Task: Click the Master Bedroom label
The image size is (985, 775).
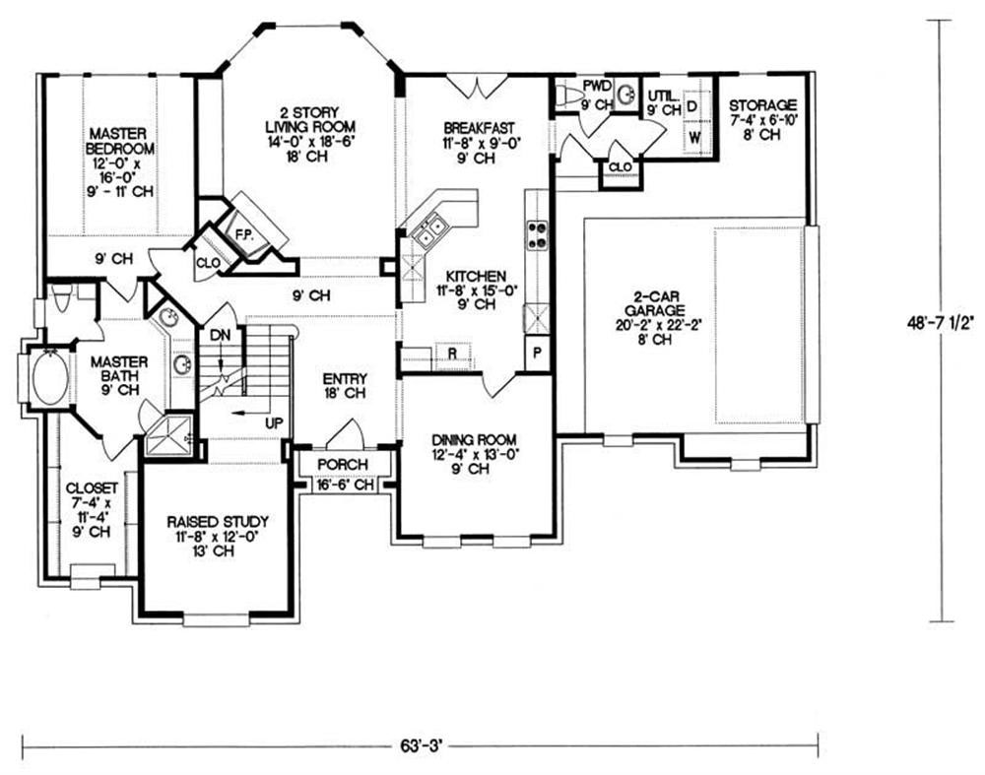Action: [x=119, y=142]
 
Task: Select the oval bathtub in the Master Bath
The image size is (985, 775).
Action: [x=49, y=379]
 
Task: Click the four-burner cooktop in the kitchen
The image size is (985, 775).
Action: [x=538, y=235]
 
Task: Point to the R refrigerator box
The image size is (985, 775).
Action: [x=453, y=353]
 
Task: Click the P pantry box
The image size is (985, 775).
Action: [x=537, y=353]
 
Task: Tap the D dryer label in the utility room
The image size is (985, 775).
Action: [x=692, y=105]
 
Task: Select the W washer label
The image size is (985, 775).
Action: [x=695, y=137]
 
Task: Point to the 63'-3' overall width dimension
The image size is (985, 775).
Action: [x=423, y=746]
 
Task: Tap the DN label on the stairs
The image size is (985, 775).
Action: [x=220, y=336]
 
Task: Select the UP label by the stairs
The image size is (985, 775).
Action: [x=274, y=423]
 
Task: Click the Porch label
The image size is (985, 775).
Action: [x=343, y=465]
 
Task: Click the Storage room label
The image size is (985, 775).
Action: [x=762, y=105]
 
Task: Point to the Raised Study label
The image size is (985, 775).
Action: [x=218, y=522]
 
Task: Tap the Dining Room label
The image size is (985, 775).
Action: [x=475, y=440]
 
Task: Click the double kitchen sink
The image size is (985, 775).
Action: [x=429, y=229]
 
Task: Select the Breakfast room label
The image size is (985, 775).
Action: [x=479, y=127]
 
